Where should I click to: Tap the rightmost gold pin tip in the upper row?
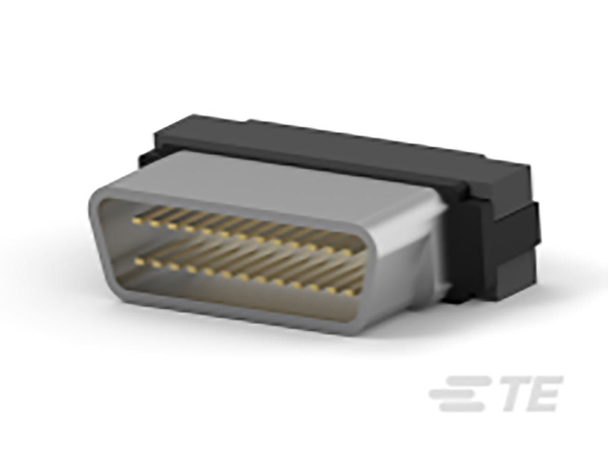click(346, 252)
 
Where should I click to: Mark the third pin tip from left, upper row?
click(172, 226)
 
